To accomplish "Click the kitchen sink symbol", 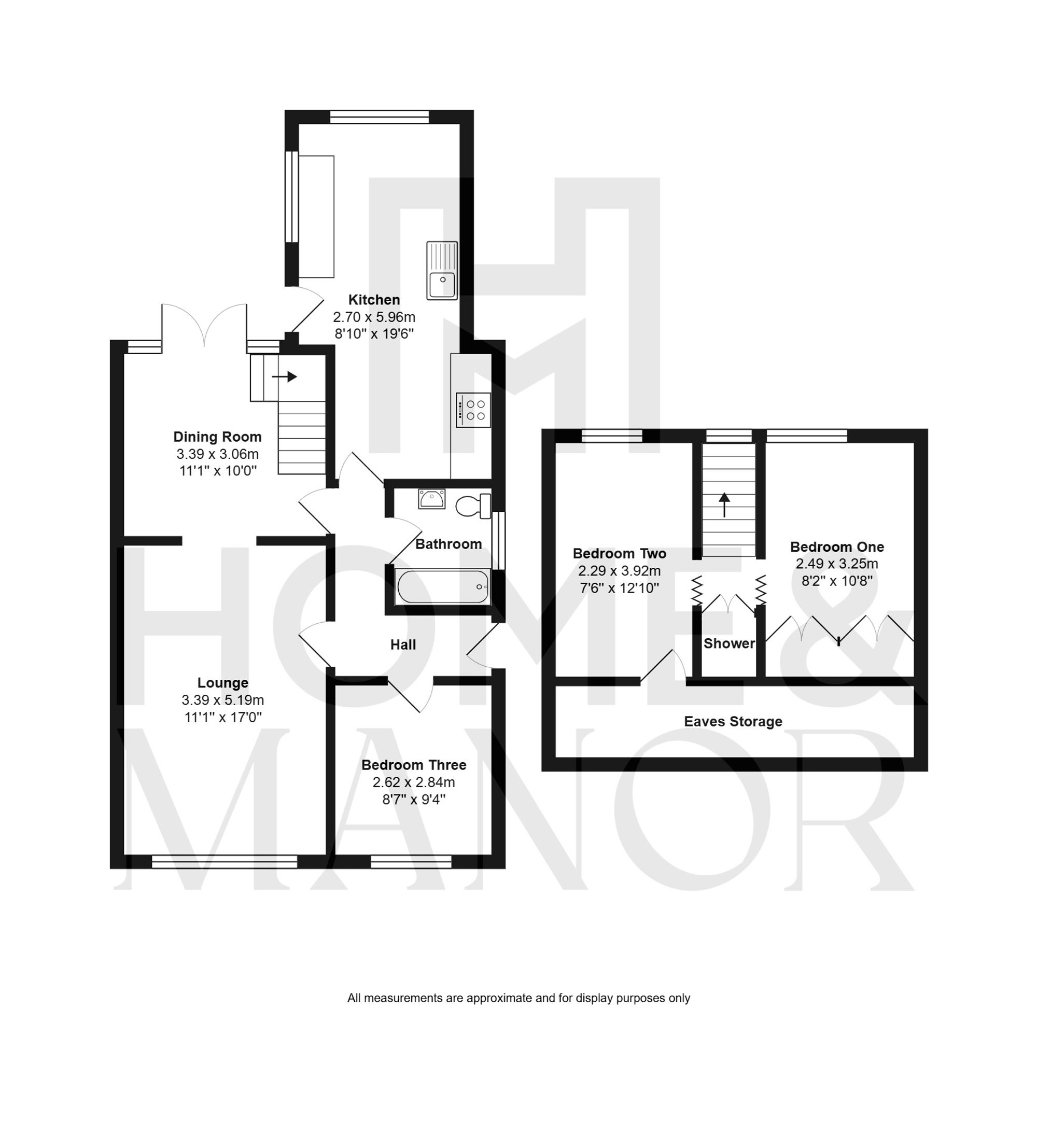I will click(x=442, y=271).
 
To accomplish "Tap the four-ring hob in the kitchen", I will click(x=473, y=410).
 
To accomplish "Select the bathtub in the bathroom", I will click(x=443, y=587).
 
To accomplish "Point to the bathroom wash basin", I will click(x=431, y=498).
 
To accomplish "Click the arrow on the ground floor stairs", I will click(x=285, y=376).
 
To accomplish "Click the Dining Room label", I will click(x=217, y=437).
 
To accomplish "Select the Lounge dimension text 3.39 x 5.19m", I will click(x=223, y=699).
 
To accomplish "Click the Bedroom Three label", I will click(x=414, y=765).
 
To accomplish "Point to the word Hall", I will click(x=403, y=644).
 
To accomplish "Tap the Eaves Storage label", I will click(x=733, y=722).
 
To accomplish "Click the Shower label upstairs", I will click(x=729, y=643).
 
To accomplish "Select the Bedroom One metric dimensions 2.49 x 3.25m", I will click(x=837, y=564).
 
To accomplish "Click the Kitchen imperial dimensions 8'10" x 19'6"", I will click(x=374, y=334).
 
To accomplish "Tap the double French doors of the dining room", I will click(x=204, y=326).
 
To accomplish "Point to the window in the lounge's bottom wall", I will click(x=225, y=861).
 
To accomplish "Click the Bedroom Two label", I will click(x=619, y=554).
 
